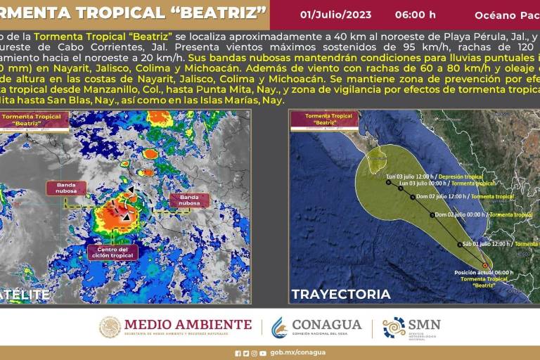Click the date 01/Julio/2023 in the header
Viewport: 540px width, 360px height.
click(x=335, y=15)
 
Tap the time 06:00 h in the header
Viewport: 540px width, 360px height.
click(x=415, y=15)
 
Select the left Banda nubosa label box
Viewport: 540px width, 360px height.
click(x=66, y=188)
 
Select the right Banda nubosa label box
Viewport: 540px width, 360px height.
click(x=189, y=200)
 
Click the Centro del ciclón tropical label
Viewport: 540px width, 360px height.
click(x=112, y=252)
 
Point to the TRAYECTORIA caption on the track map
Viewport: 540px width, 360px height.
click(x=341, y=294)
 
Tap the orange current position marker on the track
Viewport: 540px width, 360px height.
click(x=484, y=266)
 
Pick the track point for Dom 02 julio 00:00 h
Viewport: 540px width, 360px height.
click(x=431, y=215)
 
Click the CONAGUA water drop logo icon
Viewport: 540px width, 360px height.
click(x=279, y=327)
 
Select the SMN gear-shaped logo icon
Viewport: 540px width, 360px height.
click(x=394, y=327)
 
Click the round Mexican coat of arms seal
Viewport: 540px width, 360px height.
click(x=110, y=327)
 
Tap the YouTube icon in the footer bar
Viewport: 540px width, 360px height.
click(x=263, y=353)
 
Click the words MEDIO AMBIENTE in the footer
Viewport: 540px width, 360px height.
click(x=188, y=324)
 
